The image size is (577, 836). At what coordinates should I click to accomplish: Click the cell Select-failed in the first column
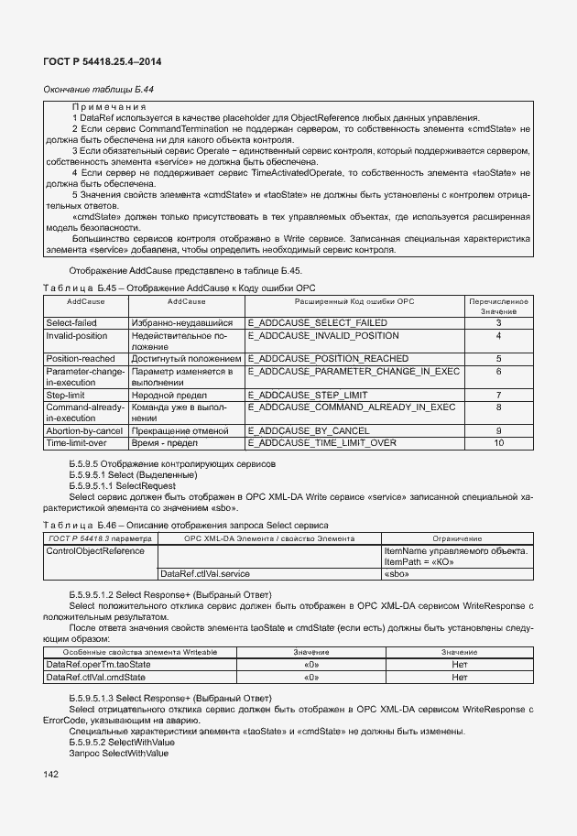pyautogui.click(x=71, y=323)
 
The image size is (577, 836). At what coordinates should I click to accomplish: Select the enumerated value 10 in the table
pyautogui.click(x=498, y=442)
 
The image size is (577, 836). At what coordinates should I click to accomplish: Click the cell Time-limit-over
pyautogui.click(x=76, y=442)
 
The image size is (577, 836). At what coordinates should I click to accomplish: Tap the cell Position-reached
pyautogui.click(x=81, y=359)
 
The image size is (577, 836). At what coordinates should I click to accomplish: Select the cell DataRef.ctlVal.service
pyautogui.click(x=204, y=573)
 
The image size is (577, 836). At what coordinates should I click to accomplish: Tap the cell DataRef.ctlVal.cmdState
pyautogui.click(x=95, y=677)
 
